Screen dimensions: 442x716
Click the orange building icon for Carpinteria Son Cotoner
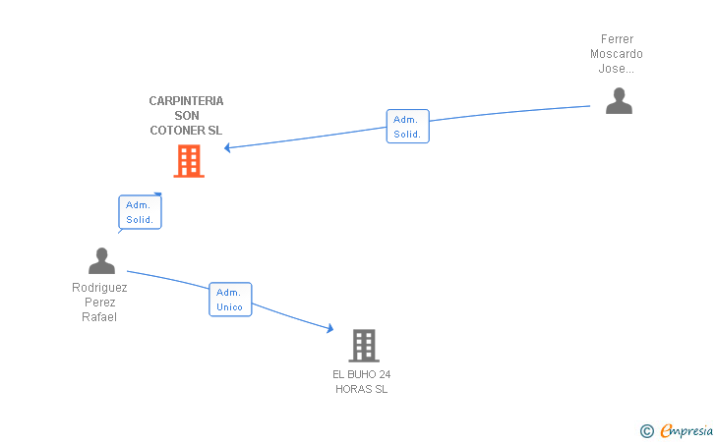pyautogui.click(x=189, y=161)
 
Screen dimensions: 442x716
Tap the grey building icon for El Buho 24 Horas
pyautogui.click(x=363, y=346)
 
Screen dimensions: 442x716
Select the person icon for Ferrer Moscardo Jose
pyautogui.click(x=619, y=101)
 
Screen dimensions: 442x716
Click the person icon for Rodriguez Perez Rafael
pyautogui.click(x=101, y=261)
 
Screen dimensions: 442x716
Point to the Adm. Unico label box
pyautogui.click(x=230, y=300)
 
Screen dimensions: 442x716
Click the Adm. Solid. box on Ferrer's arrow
pyautogui.click(x=407, y=127)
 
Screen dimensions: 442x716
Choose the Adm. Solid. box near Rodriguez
pyautogui.click(x=140, y=212)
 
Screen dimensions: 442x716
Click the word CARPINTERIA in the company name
pyautogui.click(x=186, y=101)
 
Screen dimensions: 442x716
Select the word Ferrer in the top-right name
pyautogui.click(x=618, y=39)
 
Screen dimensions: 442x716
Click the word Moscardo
pyautogui.click(x=617, y=54)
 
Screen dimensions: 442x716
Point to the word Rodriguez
pyautogui.click(x=99, y=288)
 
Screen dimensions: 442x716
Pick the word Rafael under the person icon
pyautogui.click(x=99, y=317)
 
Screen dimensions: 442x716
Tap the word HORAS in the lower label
pyautogui.click(x=354, y=389)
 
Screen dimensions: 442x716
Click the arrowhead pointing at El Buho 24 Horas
pyautogui.click(x=329, y=329)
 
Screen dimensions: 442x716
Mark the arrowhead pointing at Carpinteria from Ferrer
pyautogui.click(x=228, y=148)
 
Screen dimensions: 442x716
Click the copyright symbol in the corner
pyautogui.click(x=646, y=430)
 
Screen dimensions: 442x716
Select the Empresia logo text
pyautogui.click(x=686, y=430)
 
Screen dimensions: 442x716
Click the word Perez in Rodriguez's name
pyautogui.click(x=99, y=303)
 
